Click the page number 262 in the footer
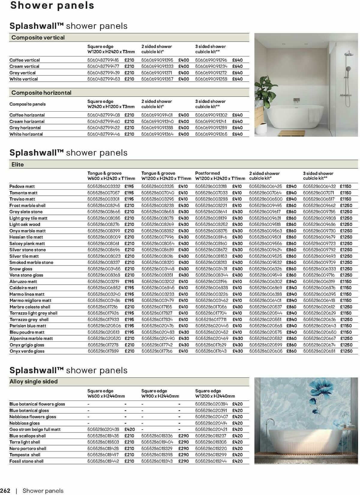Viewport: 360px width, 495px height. pyautogui.click(x=5, y=491)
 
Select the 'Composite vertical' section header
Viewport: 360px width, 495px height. pyautogui.click(x=38, y=37)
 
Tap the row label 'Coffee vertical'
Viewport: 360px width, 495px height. pyautogui.click(x=24, y=60)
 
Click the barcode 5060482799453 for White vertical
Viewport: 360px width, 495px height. pyautogui.click(x=103, y=79)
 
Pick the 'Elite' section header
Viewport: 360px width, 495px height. pyautogui.click(x=17, y=164)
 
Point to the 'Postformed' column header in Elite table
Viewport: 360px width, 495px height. pyautogui.click(x=207, y=173)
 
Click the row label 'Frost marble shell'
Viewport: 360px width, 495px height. pyautogui.click(x=27, y=205)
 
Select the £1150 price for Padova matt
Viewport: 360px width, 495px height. pyautogui.click(x=345, y=186)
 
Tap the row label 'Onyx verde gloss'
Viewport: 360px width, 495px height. pyautogui.click(x=27, y=351)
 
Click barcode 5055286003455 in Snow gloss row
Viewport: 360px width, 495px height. pyautogui.click(x=103, y=269)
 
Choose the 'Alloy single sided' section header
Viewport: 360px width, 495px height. pyautogui.click(x=33, y=382)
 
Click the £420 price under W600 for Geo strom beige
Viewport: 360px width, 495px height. pyautogui.click(x=130, y=429)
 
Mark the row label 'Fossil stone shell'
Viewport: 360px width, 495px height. pyautogui.click(x=26, y=461)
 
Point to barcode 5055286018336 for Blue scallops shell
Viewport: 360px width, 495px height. pyautogui.click(x=157, y=436)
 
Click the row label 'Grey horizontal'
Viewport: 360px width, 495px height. pyautogui.click(x=25, y=128)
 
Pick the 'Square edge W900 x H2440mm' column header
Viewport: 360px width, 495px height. pyautogui.click(x=160, y=393)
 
